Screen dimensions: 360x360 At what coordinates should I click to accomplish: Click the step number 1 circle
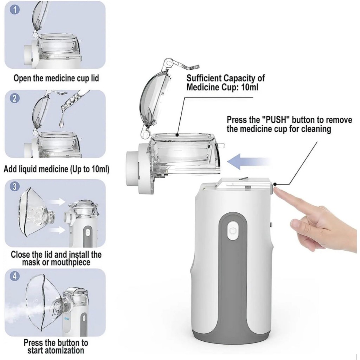click(15, 10)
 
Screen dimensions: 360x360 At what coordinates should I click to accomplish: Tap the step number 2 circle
click(15, 98)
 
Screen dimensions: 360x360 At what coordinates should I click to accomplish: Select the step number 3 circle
click(15, 186)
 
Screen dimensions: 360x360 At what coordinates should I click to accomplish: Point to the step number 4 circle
click(15, 276)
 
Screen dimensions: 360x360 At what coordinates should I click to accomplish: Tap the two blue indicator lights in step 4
click(67, 319)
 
